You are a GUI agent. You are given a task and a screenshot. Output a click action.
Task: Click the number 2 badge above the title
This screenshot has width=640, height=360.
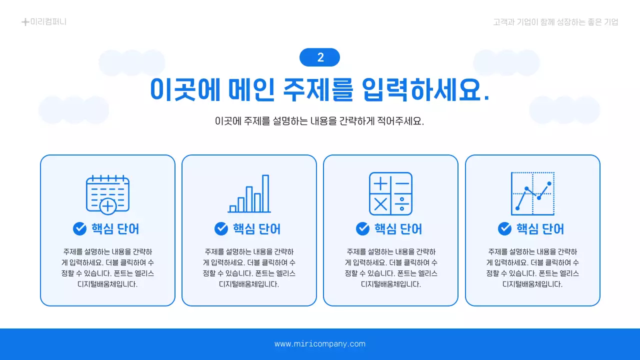click(x=319, y=57)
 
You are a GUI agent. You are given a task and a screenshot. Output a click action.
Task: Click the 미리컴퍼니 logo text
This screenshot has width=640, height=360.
click(x=48, y=22)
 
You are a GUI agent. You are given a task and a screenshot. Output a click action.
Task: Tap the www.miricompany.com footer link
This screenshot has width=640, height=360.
click(x=320, y=344)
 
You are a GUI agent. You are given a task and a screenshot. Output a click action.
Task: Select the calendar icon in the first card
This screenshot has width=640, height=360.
click(x=107, y=194)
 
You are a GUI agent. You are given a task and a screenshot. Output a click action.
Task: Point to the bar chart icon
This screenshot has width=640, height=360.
click(x=249, y=194)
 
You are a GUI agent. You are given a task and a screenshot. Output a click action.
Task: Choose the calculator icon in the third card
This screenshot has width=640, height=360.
click(x=390, y=194)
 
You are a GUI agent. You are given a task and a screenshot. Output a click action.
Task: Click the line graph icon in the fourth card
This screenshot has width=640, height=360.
click(x=532, y=194)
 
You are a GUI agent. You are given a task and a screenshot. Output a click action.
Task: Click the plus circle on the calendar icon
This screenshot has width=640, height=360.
click(x=108, y=206)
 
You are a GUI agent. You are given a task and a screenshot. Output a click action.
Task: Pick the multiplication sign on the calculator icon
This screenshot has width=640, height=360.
click(x=380, y=204)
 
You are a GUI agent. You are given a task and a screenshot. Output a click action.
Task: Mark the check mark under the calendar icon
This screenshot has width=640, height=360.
click(x=79, y=228)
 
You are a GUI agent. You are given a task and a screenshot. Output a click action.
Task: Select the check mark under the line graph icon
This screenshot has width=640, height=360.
click(x=504, y=228)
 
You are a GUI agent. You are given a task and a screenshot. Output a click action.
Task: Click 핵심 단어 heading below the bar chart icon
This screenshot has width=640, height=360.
click(x=256, y=229)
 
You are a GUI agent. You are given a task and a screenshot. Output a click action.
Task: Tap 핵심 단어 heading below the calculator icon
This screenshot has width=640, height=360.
click(x=398, y=229)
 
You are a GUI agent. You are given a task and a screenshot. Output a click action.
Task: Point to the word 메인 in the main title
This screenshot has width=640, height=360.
click(x=250, y=90)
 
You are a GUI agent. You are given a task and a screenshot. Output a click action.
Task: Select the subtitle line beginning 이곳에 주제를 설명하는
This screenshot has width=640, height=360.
click(x=319, y=121)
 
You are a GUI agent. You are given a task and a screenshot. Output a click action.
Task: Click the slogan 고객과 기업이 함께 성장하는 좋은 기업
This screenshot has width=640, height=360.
click(x=555, y=22)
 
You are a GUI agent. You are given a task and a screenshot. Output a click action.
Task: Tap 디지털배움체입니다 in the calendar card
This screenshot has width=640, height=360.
click(x=107, y=284)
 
